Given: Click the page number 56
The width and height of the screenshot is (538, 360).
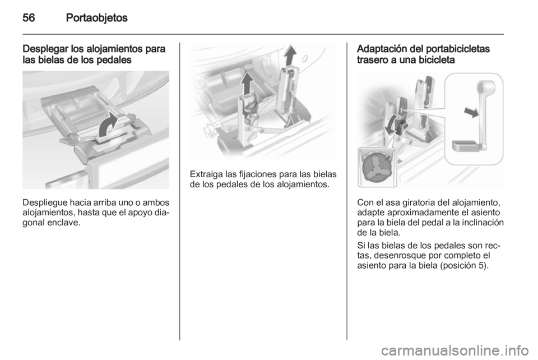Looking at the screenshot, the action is pos(29,17).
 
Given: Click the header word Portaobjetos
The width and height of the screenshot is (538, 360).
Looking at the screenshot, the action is pos(97,18).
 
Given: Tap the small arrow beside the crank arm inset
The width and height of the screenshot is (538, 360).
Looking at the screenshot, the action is pos(471,112).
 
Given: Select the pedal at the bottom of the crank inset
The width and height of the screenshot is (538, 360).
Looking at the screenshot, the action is pos(465,146).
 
